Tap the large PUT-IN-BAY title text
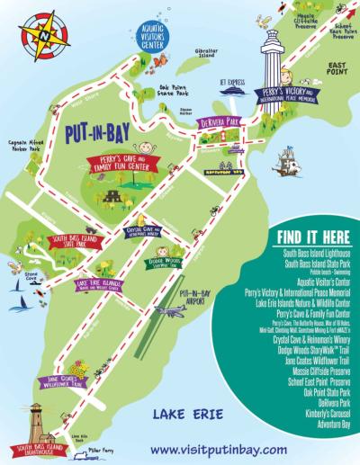pos(101,132)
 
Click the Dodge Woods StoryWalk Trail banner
pos(164,263)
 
